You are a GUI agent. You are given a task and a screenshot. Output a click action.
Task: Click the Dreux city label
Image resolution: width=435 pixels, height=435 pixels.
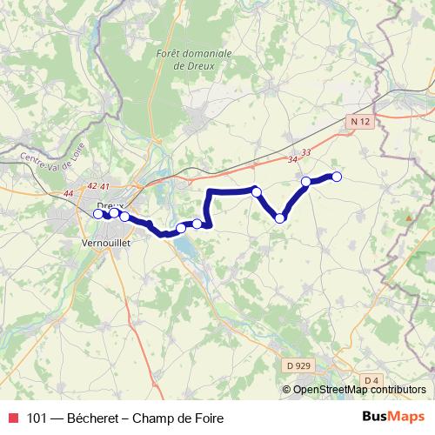[x=109, y=205]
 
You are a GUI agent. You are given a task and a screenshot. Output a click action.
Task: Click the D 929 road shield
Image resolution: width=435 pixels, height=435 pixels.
[x=297, y=367]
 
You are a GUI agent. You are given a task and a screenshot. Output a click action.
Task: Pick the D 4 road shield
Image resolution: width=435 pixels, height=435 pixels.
[x=371, y=380]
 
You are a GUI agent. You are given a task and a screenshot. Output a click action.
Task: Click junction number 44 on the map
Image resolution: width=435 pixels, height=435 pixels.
[x=69, y=192]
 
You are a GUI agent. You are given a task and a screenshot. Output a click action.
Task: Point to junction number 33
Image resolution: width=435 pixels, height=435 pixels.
[x=305, y=152]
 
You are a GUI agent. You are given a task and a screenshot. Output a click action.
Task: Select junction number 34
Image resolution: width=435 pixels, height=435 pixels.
[x=291, y=159]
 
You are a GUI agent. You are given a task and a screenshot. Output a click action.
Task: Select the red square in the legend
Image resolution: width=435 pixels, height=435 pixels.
[x=12, y=418]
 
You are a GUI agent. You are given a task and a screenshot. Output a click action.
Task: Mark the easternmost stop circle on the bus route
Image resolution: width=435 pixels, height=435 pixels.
[x=337, y=177]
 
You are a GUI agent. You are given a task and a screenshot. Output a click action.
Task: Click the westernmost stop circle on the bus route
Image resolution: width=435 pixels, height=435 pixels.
[x=98, y=213]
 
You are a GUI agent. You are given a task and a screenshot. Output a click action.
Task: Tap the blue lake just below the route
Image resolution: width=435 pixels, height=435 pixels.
[x=185, y=248]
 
